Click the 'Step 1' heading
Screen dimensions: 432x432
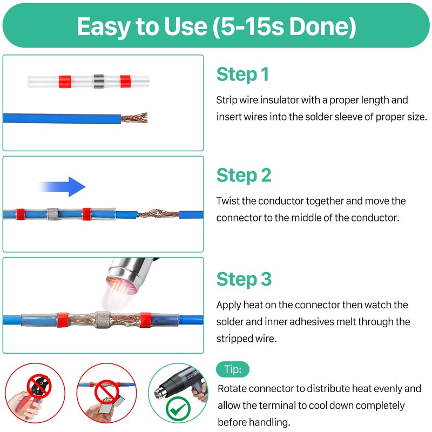pos(242,75)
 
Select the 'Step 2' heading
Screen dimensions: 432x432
pos(244,175)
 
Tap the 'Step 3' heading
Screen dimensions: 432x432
pos(244,279)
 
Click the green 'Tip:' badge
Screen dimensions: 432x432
pos(233,369)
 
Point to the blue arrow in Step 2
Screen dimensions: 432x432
pos(62,187)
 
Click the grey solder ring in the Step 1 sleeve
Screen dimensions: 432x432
pos(99,82)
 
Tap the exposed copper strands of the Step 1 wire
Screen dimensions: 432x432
pos(134,118)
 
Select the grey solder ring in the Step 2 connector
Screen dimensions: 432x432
pos(53,214)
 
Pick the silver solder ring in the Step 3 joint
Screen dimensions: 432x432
pos(103,319)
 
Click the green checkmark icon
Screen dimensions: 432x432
pos(178,409)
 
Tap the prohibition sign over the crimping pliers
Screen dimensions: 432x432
pos(39,386)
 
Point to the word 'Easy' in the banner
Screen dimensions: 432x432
pos(104,26)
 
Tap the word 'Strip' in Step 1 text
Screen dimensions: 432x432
pos(226,100)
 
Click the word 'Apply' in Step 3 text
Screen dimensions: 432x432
pos(228,305)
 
